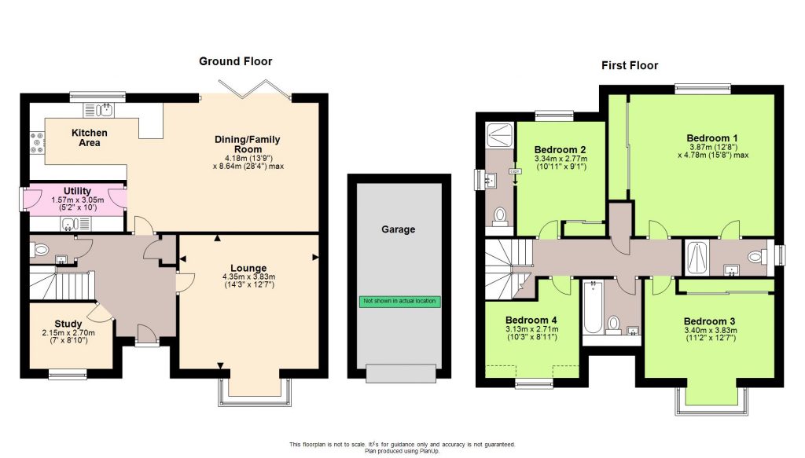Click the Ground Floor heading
[235, 61]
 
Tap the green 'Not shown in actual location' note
[399, 301]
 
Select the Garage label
[399, 229]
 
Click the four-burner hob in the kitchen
[37, 141]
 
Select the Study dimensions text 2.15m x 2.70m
[68, 333]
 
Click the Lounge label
[248, 268]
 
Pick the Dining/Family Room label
[247, 145]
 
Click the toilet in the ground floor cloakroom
[42, 251]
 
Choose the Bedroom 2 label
[561, 149]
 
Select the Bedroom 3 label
[709, 321]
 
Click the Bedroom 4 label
[531, 321]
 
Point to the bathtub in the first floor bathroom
[592, 310]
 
